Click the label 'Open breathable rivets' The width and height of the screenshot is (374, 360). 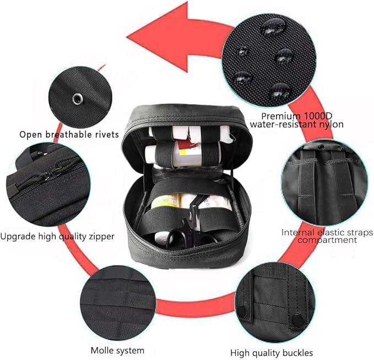coord(69,134)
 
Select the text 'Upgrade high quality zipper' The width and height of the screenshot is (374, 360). coord(57,237)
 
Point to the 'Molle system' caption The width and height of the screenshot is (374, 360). coord(117,350)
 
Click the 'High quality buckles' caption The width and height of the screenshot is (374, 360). coord(272,353)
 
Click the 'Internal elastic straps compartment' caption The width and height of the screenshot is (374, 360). coord(327,236)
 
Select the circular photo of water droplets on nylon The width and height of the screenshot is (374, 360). coord(269,61)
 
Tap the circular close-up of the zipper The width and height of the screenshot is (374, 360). coord(48,184)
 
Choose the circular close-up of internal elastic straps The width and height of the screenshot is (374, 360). coord(324,182)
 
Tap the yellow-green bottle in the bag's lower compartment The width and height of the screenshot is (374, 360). coord(165,201)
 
